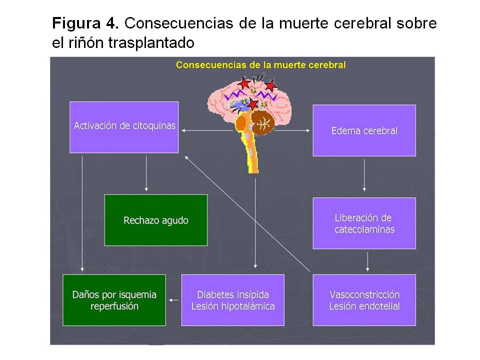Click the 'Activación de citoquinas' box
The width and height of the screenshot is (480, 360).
point(124,127)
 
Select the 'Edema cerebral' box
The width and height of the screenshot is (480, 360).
point(364,130)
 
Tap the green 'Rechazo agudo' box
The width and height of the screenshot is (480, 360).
point(155,220)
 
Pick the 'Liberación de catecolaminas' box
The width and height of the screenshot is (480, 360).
point(364,223)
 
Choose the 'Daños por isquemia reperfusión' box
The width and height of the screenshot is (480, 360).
point(114,300)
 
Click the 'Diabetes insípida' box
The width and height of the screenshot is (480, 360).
point(232,300)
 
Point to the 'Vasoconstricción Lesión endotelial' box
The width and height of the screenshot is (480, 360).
point(364,300)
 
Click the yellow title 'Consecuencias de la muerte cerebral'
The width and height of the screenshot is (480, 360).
point(260,64)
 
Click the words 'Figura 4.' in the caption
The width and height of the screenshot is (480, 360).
point(85,23)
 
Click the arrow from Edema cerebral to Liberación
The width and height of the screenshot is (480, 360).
point(364,175)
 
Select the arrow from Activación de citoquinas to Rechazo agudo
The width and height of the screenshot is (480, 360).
point(146,173)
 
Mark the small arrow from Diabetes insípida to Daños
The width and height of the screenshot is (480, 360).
point(173,300)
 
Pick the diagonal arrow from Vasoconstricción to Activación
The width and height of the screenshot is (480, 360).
point(247,215)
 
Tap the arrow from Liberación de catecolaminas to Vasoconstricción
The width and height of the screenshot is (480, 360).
point(367,261)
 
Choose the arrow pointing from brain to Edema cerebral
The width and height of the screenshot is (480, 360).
point(295,130)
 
